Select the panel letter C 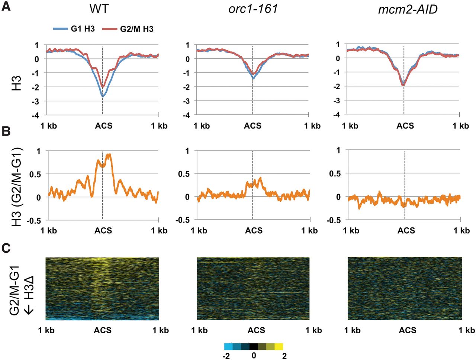[6, 248]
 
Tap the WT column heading [99, 8]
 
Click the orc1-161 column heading [253, 8]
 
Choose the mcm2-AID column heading [408, 9]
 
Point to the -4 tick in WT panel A [36, 115]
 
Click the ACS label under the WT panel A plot [103, 126]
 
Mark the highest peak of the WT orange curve [109, 155]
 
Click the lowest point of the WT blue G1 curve [102, 97]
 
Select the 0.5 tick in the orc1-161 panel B [184, 174]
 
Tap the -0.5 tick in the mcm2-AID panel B [334, 220]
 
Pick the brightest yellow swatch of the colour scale [279, 347]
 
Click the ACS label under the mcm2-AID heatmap [408, 330]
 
